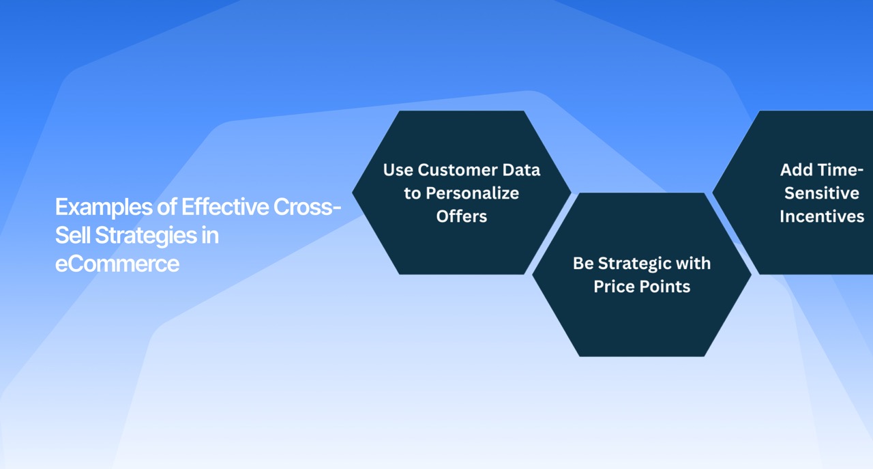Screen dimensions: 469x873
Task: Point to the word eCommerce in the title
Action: point(117,264)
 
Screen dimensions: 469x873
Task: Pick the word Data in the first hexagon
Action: point(524,170)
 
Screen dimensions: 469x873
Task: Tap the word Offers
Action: point(462,216)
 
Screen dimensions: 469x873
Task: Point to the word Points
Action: point(666,287)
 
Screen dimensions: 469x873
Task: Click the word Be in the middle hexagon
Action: point(583,264)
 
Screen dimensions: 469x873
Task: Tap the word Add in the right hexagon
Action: point(795,170)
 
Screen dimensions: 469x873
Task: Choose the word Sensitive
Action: point(822,193)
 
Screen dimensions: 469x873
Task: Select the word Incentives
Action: point(822,216)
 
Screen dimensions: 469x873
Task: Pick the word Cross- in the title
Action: point(307,207)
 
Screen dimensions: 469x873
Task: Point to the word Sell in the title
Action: point(72,236)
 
